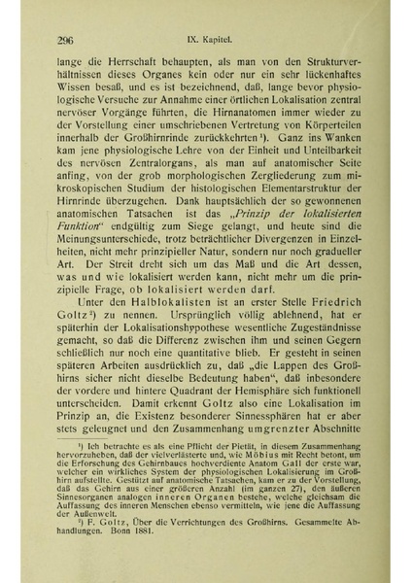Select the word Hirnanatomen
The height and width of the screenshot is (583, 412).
pyautogui.click(x=250, y=116)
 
